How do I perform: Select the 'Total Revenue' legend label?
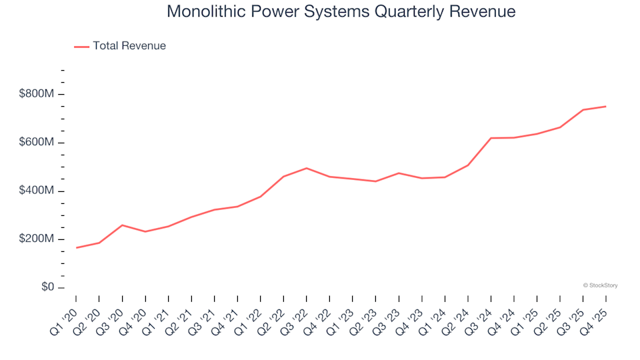129,46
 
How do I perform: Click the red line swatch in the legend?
81,47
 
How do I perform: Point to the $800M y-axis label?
37,94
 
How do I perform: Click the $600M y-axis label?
37,143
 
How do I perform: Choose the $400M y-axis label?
37,191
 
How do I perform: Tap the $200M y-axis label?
37,239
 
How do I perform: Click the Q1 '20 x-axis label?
65,313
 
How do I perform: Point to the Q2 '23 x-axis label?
364,313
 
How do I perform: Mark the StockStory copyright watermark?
600,285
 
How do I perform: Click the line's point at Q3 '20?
122,225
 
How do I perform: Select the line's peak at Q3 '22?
306,168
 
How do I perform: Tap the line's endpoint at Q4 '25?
605,107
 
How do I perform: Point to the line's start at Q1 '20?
76,248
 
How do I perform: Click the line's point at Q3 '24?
491,138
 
